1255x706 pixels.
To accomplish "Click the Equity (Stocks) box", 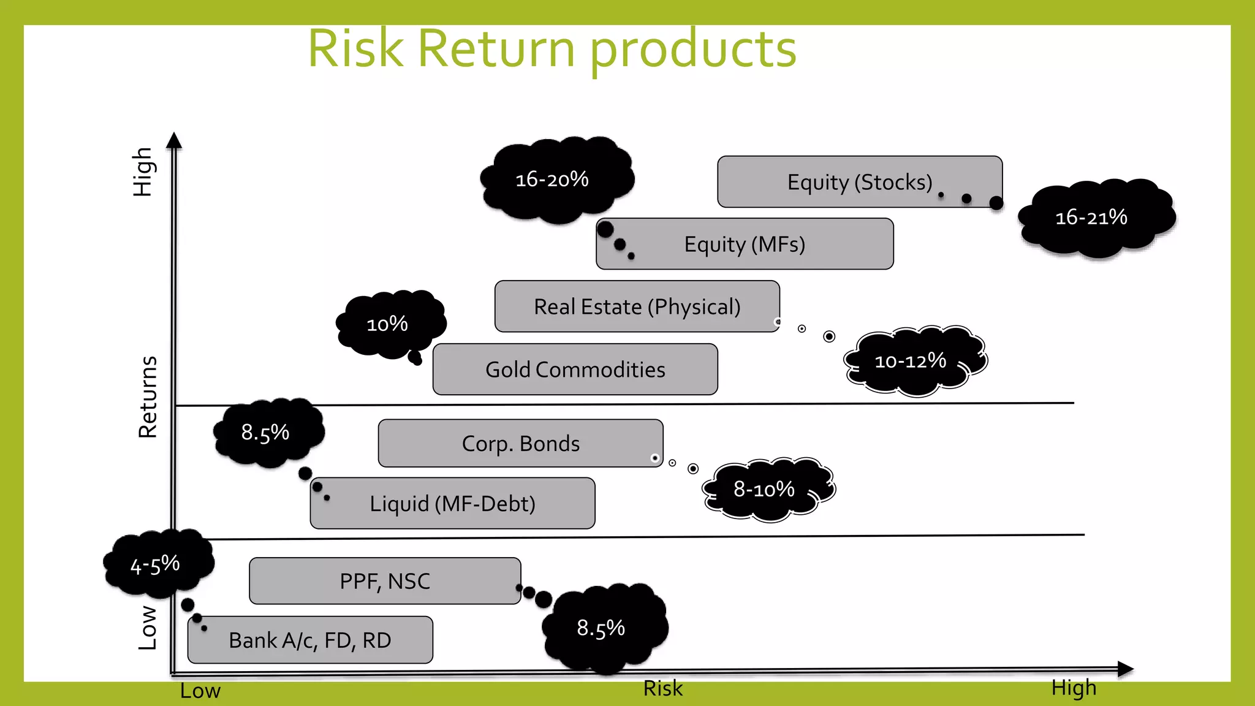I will pos(859,182).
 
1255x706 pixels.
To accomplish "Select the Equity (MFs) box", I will pos(745,245).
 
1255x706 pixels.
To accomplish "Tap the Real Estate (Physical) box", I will pos(637,306).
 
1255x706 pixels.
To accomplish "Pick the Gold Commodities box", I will pos(575,370).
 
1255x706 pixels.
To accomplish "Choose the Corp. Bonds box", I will pos(520,444).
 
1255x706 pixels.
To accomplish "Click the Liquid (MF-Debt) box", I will pos(452,504).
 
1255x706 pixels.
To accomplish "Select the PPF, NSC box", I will pos(385,581).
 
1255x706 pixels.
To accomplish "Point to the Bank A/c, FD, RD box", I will pos(310,640).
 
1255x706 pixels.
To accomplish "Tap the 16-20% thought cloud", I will pos(555,180).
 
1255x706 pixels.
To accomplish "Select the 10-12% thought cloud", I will pos(913,361).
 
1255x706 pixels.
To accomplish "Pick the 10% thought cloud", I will pos(390,323).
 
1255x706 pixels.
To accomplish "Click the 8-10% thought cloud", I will pos(766,489).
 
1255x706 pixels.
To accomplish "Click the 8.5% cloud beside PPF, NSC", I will pos(604,628).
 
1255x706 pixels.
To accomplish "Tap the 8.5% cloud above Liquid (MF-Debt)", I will pos(267,433).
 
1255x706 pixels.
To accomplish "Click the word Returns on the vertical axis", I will pos(148,397).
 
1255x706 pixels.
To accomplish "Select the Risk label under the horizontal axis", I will pos(662,689).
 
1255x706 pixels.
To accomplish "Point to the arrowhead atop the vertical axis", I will pos(175,140).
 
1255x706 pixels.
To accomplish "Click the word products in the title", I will pos(692,49).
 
